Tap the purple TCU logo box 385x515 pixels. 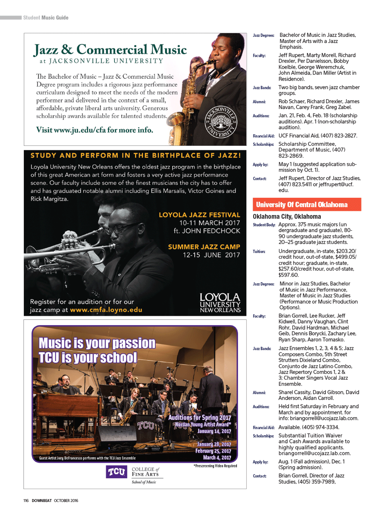click(116, 471)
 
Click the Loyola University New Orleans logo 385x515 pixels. click(220, 302)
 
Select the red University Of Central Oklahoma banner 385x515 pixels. click(306, 204)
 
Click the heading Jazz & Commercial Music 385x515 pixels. click(110, 50)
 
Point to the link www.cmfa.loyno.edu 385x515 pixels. click(106, 310)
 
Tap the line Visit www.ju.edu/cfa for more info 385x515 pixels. click(94, 130)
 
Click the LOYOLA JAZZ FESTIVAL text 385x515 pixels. click(199, 215)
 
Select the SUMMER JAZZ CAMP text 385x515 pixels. click(204, 247)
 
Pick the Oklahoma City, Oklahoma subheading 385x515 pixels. click(287, 216)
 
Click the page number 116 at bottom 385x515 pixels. click(26, 501)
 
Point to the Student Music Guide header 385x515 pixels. click(46, 18)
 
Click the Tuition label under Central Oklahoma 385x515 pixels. click(259, 252)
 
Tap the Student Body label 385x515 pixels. click(264, 225)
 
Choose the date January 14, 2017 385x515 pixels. click(214, 431)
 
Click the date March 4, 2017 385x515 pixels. click(217, 458)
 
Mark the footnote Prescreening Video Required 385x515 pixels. click(215, 466)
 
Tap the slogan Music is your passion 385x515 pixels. click(97, 343)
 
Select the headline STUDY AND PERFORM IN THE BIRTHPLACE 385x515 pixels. click(135, 155)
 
